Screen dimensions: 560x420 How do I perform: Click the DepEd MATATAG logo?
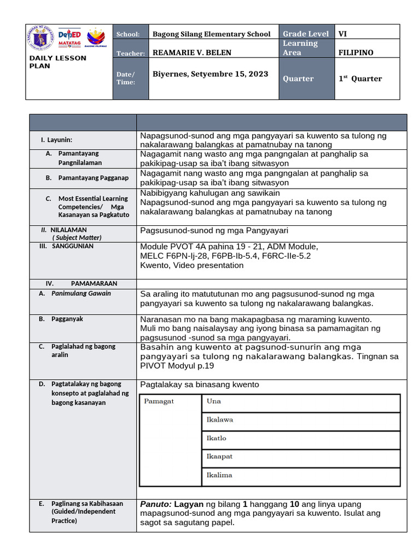click(x=69, y=38)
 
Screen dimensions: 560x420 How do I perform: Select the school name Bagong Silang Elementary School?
click(x=211, y=34)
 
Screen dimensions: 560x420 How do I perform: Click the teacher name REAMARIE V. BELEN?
click(x=191, y=52)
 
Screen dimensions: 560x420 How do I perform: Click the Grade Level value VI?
click(x=343, y=34)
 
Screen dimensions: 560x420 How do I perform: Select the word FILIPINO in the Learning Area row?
click(x=356, y=52)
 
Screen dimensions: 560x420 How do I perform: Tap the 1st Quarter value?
click(x=360, y=79)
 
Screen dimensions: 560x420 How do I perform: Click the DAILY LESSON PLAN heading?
click(x=57, y=62)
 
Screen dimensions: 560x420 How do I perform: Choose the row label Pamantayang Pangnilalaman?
click(x=80, y=158)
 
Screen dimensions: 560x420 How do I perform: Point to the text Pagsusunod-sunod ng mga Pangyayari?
click(x=214, y=230)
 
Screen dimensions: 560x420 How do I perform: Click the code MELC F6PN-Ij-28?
click(x=172, y=255)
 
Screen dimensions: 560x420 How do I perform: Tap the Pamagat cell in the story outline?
click(x=159, y=401)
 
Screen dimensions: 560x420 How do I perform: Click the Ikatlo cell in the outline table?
click(x=216, y=439)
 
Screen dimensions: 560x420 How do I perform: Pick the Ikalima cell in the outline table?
click(x=219, y=475)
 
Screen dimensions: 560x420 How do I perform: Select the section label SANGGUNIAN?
click(x=73, y=246)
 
